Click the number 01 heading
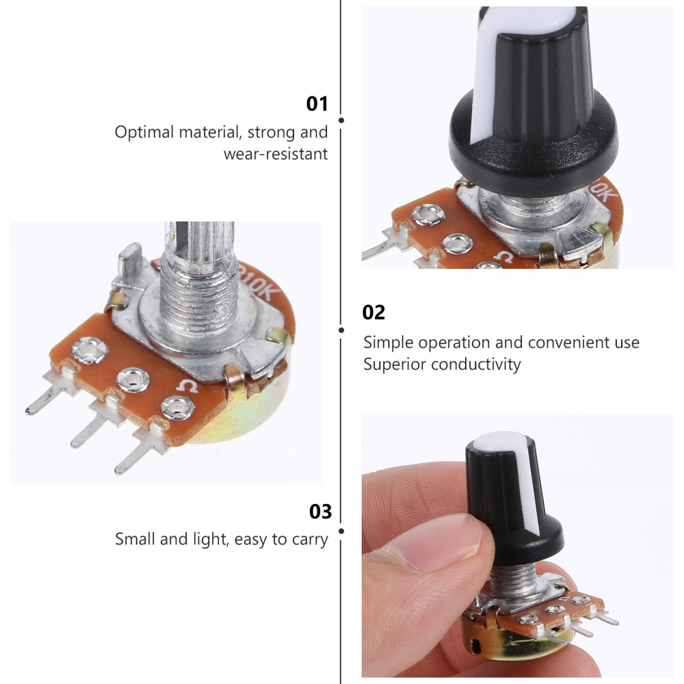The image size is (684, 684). coord(317,105)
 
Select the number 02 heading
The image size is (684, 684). coord(373,313)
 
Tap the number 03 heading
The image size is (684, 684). coord(320,512)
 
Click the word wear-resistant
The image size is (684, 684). coord(276,154)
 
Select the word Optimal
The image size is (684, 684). coord(144,132)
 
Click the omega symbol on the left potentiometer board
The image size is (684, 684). coord(189,388)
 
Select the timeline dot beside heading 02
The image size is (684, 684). coord(341,330)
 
